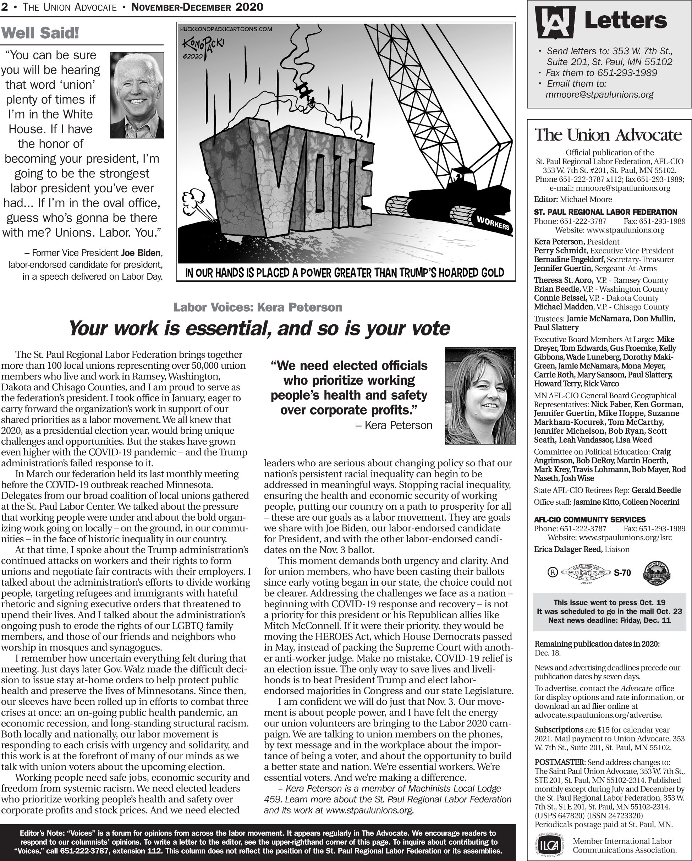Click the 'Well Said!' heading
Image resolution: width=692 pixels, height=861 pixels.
(40, 33)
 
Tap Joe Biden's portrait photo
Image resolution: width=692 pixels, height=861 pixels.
(137, 95)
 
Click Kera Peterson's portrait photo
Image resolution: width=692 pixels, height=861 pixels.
(480, 395)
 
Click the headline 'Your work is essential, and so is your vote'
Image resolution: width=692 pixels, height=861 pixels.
(259, 329)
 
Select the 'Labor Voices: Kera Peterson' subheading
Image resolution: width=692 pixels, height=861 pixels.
(258, 307)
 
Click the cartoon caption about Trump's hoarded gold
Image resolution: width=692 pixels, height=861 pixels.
(345, 273)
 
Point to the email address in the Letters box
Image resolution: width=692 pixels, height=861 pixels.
(599, 95)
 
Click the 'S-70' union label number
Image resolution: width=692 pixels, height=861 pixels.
(622, 573)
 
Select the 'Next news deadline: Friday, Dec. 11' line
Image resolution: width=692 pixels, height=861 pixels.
(609, 620)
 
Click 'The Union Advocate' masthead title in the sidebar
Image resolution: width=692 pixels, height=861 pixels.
(608, 135)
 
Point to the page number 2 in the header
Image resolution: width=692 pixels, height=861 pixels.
(4, 7)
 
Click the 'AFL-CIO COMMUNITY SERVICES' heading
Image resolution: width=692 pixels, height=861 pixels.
(590, 520)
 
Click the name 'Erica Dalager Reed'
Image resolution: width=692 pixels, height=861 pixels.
(568, 549)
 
